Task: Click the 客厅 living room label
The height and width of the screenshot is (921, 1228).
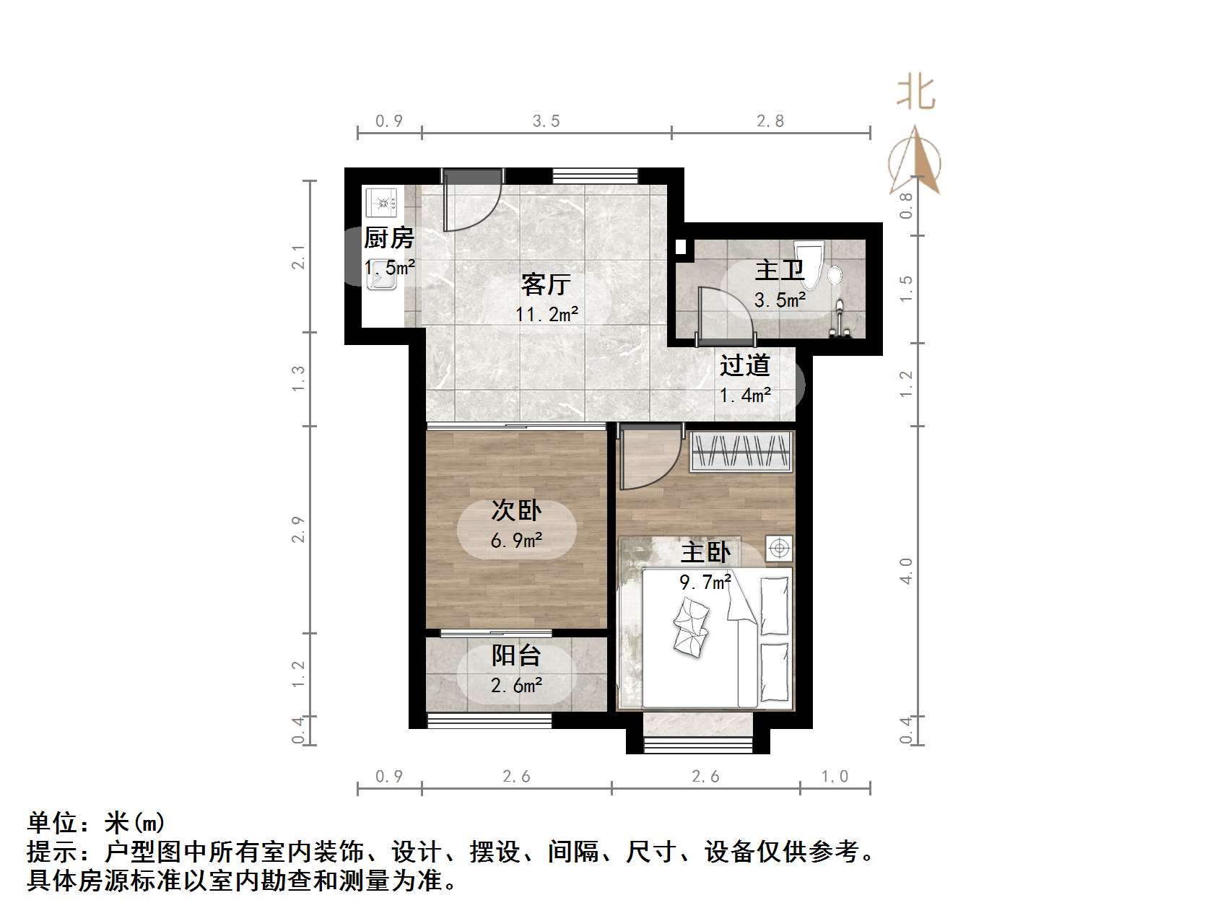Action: click(546, 284)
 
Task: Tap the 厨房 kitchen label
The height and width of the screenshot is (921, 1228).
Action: click(388, 237)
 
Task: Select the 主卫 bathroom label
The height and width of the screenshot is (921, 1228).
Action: click(779, 271)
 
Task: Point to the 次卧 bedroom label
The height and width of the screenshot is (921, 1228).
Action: click(516, 510)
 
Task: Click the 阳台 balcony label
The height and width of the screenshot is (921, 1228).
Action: click(516, 655)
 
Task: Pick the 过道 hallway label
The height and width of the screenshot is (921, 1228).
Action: click(744, 365)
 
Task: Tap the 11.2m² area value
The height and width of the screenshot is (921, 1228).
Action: click(546, 314)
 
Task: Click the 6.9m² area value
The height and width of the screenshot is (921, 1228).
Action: click(516, 540)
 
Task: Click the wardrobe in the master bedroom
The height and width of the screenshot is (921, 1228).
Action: click(741, 452)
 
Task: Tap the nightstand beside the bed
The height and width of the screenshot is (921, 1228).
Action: click(779, 549)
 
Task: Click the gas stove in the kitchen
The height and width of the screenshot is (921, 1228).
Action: click(381, 202)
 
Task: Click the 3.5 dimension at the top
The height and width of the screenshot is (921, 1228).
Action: click(546, 121)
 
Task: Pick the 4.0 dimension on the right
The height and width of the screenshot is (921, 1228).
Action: click(906, 570)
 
